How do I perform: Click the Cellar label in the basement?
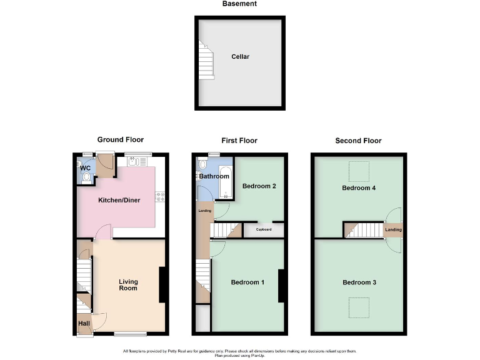click(x=241, y=57)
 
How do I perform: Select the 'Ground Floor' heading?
click(x=121, y=140)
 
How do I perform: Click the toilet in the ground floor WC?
click(x=86, y=177)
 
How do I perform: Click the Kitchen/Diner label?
click(x=118, y=201)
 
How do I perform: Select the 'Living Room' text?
click(x=128, y=285)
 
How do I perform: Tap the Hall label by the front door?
click(x=84, y=323)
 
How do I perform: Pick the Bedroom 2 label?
click(x=259, y=186)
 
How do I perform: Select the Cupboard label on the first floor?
click(x=263, y=230)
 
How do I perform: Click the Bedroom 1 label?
click(x=247, y=282)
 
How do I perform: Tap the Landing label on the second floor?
click(x=394, y=230)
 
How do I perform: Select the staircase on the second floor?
click(x=363, y=230)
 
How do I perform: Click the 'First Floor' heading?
click(x=239, y=141)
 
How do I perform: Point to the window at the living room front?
click(x=130, y=333)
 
